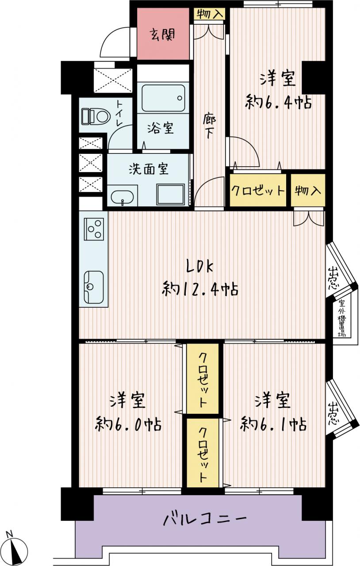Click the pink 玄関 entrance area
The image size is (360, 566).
coord(163,34)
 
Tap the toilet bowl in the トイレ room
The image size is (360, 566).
coord(96,117)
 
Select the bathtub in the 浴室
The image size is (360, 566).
coord(163,98)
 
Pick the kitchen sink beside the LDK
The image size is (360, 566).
coord(94,287)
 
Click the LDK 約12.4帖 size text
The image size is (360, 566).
coord(200,289)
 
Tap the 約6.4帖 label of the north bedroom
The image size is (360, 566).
coord(278,101)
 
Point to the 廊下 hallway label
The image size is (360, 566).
coord(209,126)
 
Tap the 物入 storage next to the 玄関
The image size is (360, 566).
coord(209,14)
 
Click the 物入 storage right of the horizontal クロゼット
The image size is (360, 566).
coord(308,190)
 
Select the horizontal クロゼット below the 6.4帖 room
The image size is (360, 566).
coord(258,190)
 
